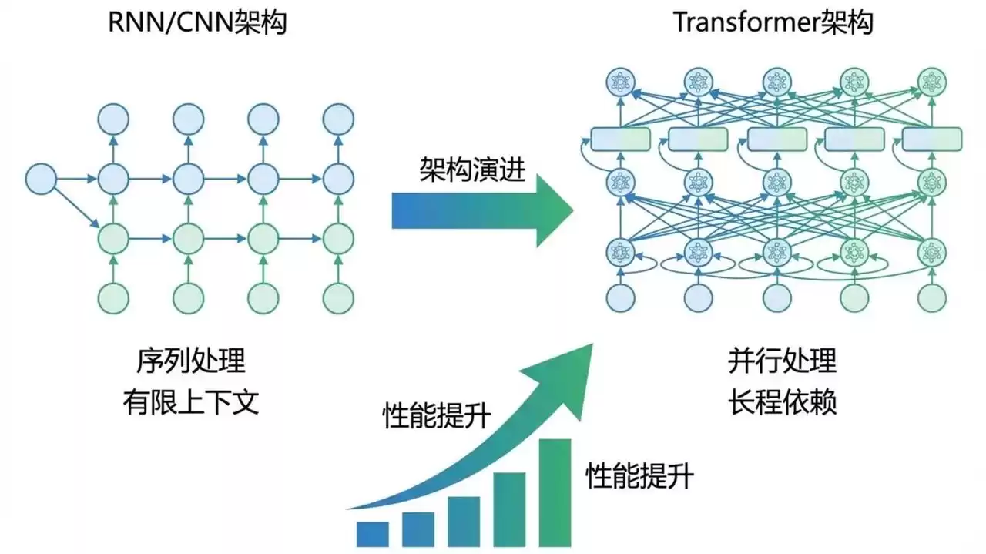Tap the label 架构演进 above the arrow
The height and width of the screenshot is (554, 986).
[x=472, y=169]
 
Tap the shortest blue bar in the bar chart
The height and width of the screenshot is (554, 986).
[x=372, y=533]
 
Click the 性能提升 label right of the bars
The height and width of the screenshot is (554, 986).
[x=639, y=475]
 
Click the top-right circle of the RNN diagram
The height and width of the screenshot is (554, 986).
[x=338, y=119]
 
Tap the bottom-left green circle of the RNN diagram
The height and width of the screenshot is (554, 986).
[x=114, y=298]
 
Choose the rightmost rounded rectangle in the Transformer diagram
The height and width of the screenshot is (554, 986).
[x=932, y=139]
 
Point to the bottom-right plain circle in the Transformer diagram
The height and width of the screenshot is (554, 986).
[x=932, y=297]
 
